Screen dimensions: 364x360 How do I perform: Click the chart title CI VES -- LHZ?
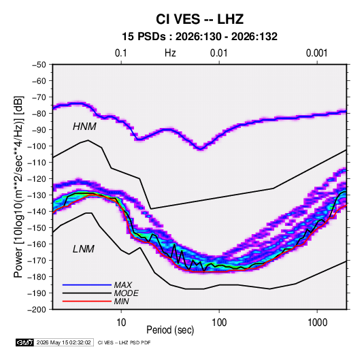(x=199, y=19)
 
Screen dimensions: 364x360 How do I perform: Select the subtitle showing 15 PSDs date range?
(x=199, y=37)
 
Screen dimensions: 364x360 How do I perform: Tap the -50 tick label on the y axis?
(x=39, y=65)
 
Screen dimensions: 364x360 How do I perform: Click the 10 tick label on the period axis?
(x=121, y=323)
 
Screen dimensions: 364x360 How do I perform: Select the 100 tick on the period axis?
(x=219, y=323)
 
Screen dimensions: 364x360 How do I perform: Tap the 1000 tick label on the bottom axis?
(x=317, y=323)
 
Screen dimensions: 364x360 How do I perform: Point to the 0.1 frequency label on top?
(x=121, y=53)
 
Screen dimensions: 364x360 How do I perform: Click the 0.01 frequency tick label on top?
(x=218, y=53)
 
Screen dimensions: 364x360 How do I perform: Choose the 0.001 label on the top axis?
(x=316, y=53)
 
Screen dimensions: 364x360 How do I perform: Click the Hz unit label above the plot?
(x=170, y=53)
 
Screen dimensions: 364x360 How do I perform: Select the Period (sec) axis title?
(x=170, y=330)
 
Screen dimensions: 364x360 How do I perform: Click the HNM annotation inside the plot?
(x=84, y=127)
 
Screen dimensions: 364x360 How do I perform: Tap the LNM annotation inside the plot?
(x=84, y=249)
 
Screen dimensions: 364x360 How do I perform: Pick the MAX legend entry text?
(x=123, y=284)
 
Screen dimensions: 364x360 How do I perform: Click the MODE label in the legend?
(x=127, y=293)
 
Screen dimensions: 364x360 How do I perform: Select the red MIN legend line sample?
(x=87, y=301)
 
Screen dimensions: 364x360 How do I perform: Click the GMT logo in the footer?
(x=24, y=342)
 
